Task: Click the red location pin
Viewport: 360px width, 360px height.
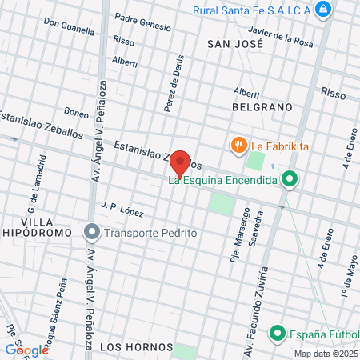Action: tap(181, 162)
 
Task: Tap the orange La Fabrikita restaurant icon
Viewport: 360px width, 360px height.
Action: tap(238, 146)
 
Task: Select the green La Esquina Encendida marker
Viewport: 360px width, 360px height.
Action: tap(290, 180)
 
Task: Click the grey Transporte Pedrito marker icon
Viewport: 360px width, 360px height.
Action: tap(92, 233)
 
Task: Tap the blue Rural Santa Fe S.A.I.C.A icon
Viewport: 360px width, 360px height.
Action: tap(322, 10)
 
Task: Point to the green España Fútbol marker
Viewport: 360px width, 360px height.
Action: tap(278, 332)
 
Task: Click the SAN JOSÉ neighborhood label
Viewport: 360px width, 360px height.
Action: tap(234, 44)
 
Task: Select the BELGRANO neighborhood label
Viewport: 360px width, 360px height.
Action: tap(261, 106)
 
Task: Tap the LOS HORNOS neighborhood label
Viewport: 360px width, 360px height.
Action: tap(137, 346)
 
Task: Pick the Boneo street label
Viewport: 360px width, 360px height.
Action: tap(76, 113)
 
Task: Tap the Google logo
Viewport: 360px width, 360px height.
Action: tap(26, 350)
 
